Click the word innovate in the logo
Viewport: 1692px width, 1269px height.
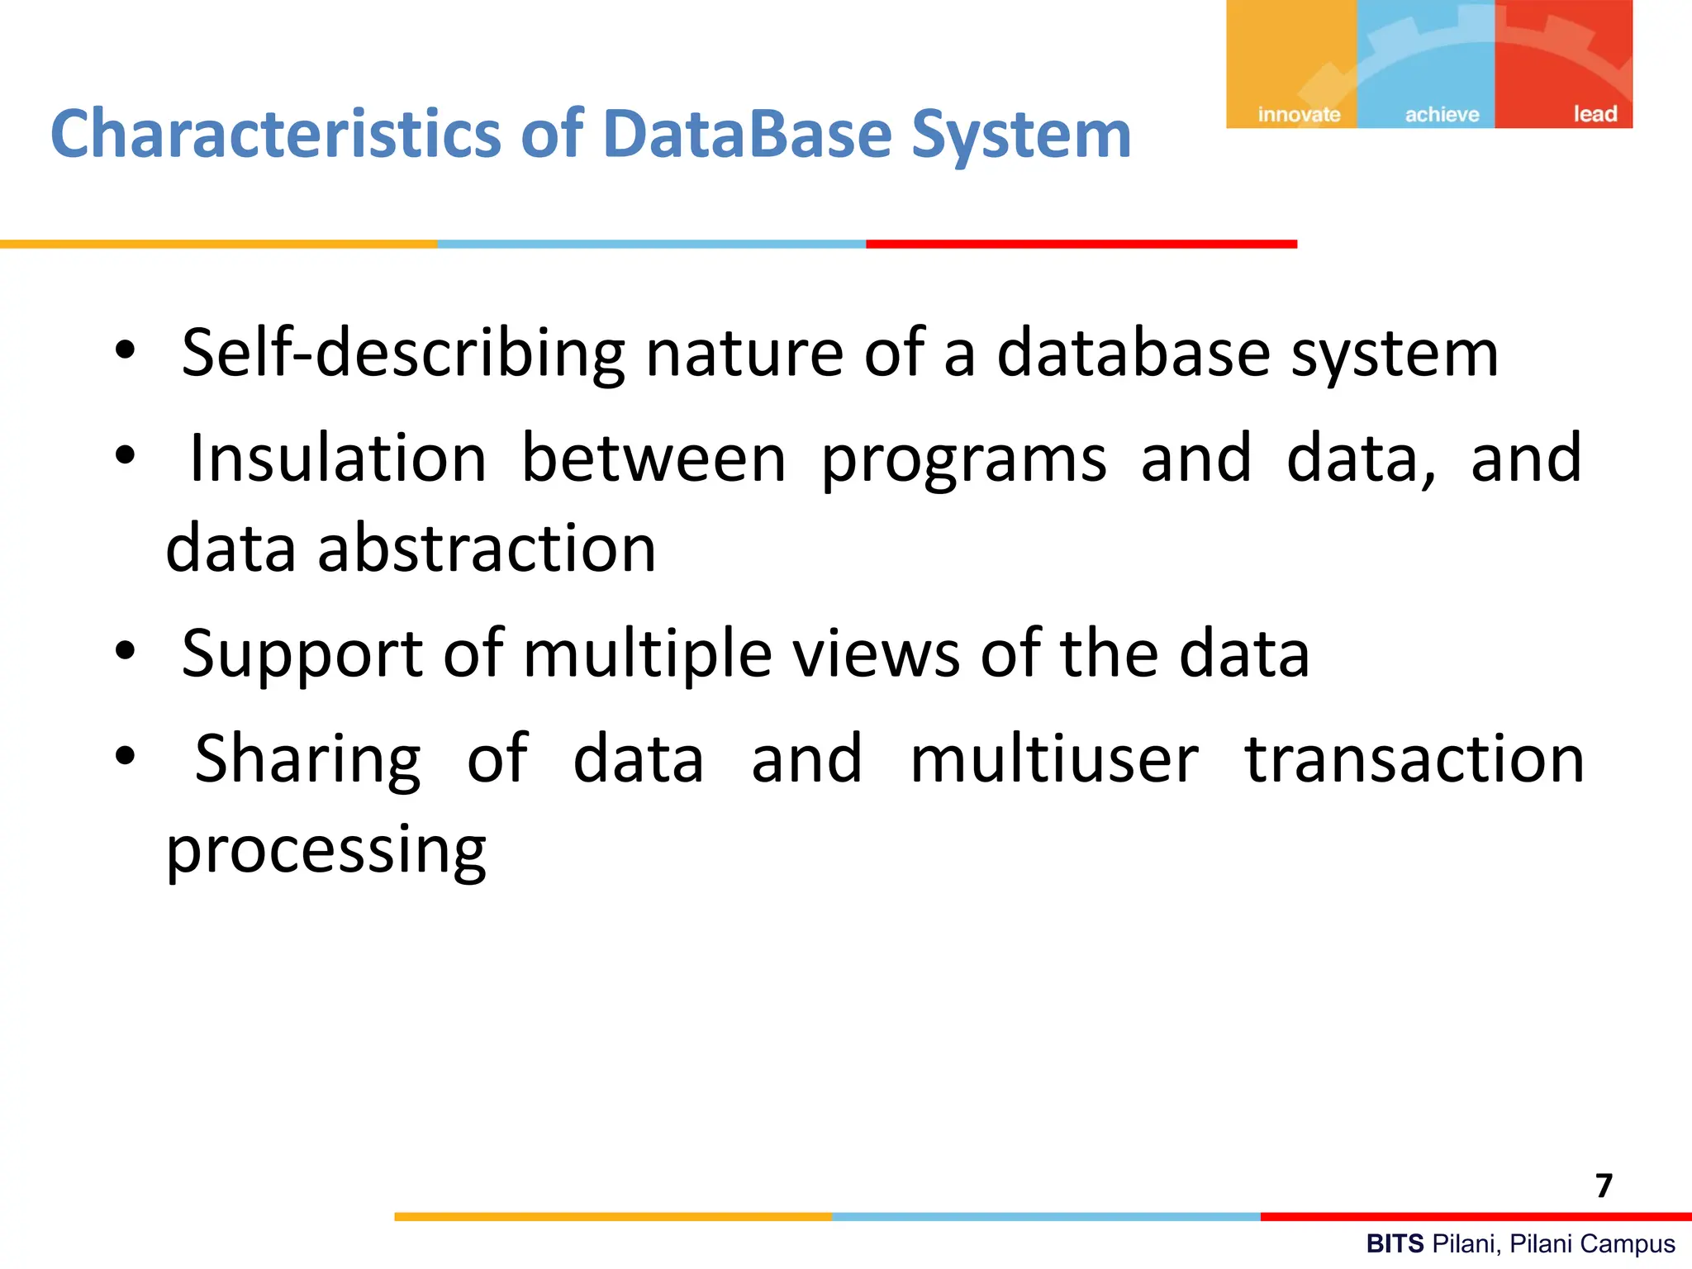coord(1299,115)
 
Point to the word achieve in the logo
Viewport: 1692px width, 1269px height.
coord(1442,115)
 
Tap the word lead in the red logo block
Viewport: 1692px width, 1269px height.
coord(1595,114)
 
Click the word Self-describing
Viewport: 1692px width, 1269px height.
coord(402,354)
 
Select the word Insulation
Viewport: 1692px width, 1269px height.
coord(338,459)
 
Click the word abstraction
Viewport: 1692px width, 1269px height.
coord(487,549)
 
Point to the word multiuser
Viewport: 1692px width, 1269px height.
coord(1054,759)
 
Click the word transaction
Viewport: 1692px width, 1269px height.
coord(1414,759)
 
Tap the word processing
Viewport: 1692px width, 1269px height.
coord(326,851)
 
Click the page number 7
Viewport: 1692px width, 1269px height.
coord(1604,1186)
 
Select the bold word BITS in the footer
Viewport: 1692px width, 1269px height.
coord(1395,1243)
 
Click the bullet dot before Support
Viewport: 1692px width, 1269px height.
coord(125,651)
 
